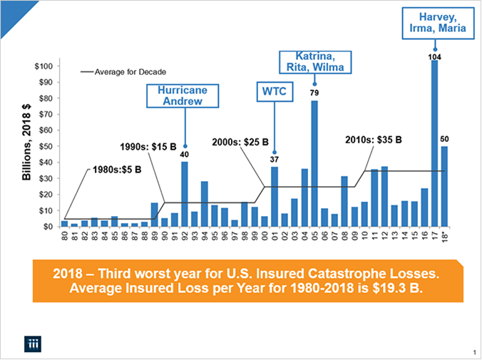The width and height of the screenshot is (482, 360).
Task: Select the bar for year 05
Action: click(x=314, y=164)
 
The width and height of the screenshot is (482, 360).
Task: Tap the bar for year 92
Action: click(x=185, y=195)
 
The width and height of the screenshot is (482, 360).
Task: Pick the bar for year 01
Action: click(x=275, y=197)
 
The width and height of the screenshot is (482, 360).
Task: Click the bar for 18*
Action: click(x=444, y=187)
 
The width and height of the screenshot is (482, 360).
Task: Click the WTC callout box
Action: click(x=274, y=93)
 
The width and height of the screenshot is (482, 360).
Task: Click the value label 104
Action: click(x=434, y=55)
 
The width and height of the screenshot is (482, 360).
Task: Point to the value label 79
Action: click(x=314, y=93)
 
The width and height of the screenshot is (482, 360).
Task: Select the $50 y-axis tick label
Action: click(x=44, y=146)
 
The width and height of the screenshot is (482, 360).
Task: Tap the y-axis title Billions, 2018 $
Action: click(x=26, y=143)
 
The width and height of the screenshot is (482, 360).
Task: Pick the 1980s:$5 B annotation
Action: click(x=117, y=171)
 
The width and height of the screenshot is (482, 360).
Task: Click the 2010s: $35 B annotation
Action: click(x=374, y=140)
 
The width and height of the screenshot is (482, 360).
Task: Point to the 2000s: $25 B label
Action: click(x=240, y=143)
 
